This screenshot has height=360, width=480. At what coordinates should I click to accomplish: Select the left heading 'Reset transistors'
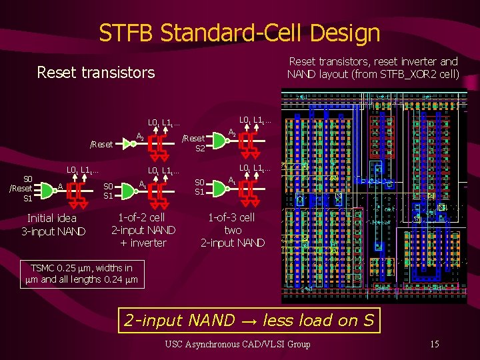[x=95, y=72]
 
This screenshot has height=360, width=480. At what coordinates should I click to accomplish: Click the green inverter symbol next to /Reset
[x=127, y=143]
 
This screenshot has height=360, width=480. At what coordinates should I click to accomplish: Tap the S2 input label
[x=200, y=149]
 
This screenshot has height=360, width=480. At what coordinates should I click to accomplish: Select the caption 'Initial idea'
[x=51, y=218]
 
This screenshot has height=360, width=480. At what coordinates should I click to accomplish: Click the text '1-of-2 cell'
[x=141, y=217]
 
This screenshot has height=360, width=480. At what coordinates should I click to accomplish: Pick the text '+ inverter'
[x=142, y=243]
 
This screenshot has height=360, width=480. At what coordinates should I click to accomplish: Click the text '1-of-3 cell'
[x=231, y=217]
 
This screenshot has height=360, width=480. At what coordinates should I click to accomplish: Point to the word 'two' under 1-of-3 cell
[x=233, y=230]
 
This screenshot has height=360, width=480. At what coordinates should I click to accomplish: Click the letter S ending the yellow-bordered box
[x=369, y=320]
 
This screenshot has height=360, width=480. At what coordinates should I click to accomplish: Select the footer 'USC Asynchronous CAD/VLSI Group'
[x=237, y=344]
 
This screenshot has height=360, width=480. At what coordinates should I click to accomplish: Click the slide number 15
[x=434, y=344]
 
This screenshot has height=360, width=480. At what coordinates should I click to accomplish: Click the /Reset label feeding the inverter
[x=101, y=143]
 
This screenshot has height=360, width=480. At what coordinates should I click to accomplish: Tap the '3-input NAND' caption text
[x=53, y=231]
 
